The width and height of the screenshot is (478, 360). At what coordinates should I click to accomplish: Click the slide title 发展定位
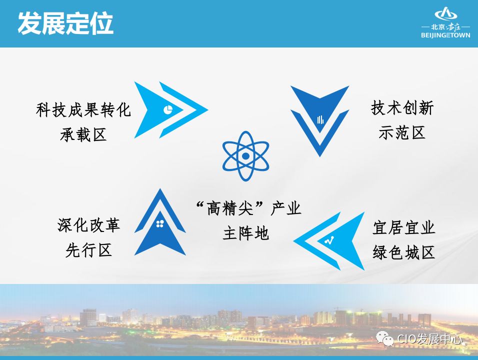click(x=65, y=23)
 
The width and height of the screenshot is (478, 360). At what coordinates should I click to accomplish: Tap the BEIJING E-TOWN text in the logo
click(x=445, y=35)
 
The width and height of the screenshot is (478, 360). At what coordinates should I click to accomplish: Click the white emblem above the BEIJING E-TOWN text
click(x=445, y=15)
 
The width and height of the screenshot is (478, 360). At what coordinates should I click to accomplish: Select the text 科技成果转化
click(x=83, y=110)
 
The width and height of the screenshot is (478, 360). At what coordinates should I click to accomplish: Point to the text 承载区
click(x=83, y=134)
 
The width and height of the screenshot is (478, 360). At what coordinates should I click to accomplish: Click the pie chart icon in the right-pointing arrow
click(x=168, y=109)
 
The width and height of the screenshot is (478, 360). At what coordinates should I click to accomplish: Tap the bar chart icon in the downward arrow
click(x=320, y=119)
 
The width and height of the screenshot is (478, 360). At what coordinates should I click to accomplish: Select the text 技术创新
click(x=402, y=108)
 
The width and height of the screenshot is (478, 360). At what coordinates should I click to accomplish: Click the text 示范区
click(x=402, y=132)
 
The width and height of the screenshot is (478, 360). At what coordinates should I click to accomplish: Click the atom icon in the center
click(x=245, y=156)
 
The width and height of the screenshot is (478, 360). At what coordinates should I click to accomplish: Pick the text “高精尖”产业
click(x=248, y=208)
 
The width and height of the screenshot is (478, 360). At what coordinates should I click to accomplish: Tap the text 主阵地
click(x=246, y=233)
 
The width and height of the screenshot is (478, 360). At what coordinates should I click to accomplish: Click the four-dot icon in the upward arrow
click(x=160, y=223)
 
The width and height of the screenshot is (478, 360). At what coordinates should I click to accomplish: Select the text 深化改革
click(x=89, y=225)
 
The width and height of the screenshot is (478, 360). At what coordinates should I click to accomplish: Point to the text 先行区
click(x=89, y=250)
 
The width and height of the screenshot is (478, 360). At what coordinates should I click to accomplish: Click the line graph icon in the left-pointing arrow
click(x=328, y=240)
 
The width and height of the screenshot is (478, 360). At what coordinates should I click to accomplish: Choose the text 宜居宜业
click(x=404, y=228)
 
